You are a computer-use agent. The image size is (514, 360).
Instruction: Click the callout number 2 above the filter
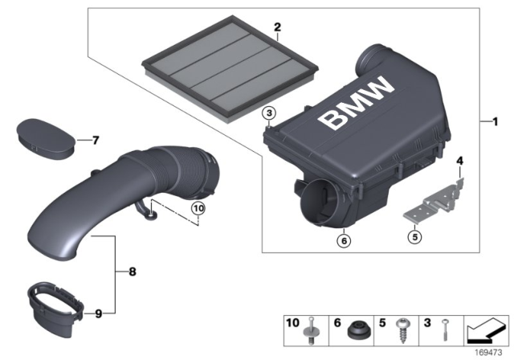pos(277,27)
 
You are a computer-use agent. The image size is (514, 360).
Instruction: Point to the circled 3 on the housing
pos(270,112)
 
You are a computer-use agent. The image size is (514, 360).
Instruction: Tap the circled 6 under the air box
pos(345,239)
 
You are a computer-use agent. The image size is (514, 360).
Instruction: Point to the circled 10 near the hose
pos(198,210)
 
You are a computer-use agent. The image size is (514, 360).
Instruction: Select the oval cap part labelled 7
pos(47,134)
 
